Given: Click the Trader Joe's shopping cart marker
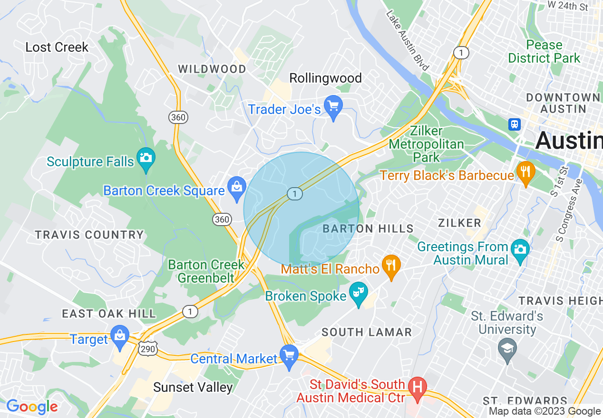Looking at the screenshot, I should click(x=333, y=106).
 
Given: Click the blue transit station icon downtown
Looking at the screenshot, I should click(x=514, y=124).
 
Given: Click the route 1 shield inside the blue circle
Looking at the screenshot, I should click(x=295, y=193).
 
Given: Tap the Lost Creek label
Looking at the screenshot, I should click(x=57, y=47).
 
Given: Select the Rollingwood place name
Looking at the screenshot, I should click(x=326, y=78).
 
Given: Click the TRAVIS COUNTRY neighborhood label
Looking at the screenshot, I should click(x=89, y=235).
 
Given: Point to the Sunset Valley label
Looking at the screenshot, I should click(x=193, y=388).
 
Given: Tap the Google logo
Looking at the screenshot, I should click(x=32, y=407).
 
